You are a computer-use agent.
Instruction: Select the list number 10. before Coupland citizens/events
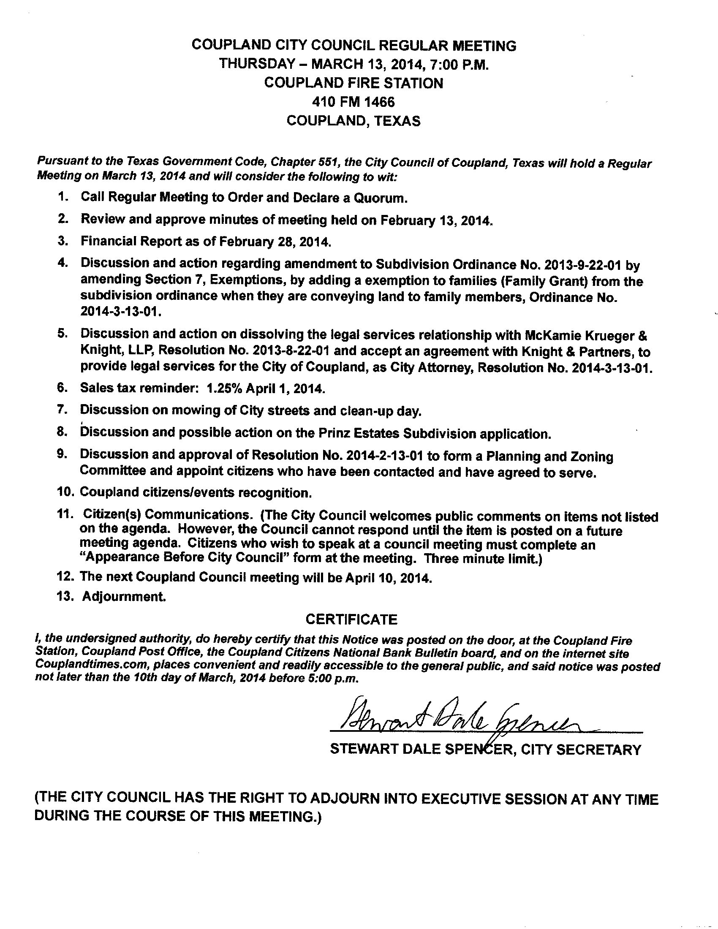coord(66,492)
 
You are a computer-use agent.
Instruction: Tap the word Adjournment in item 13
coord(123,596)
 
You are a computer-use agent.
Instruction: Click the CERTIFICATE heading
coord(351,619)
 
